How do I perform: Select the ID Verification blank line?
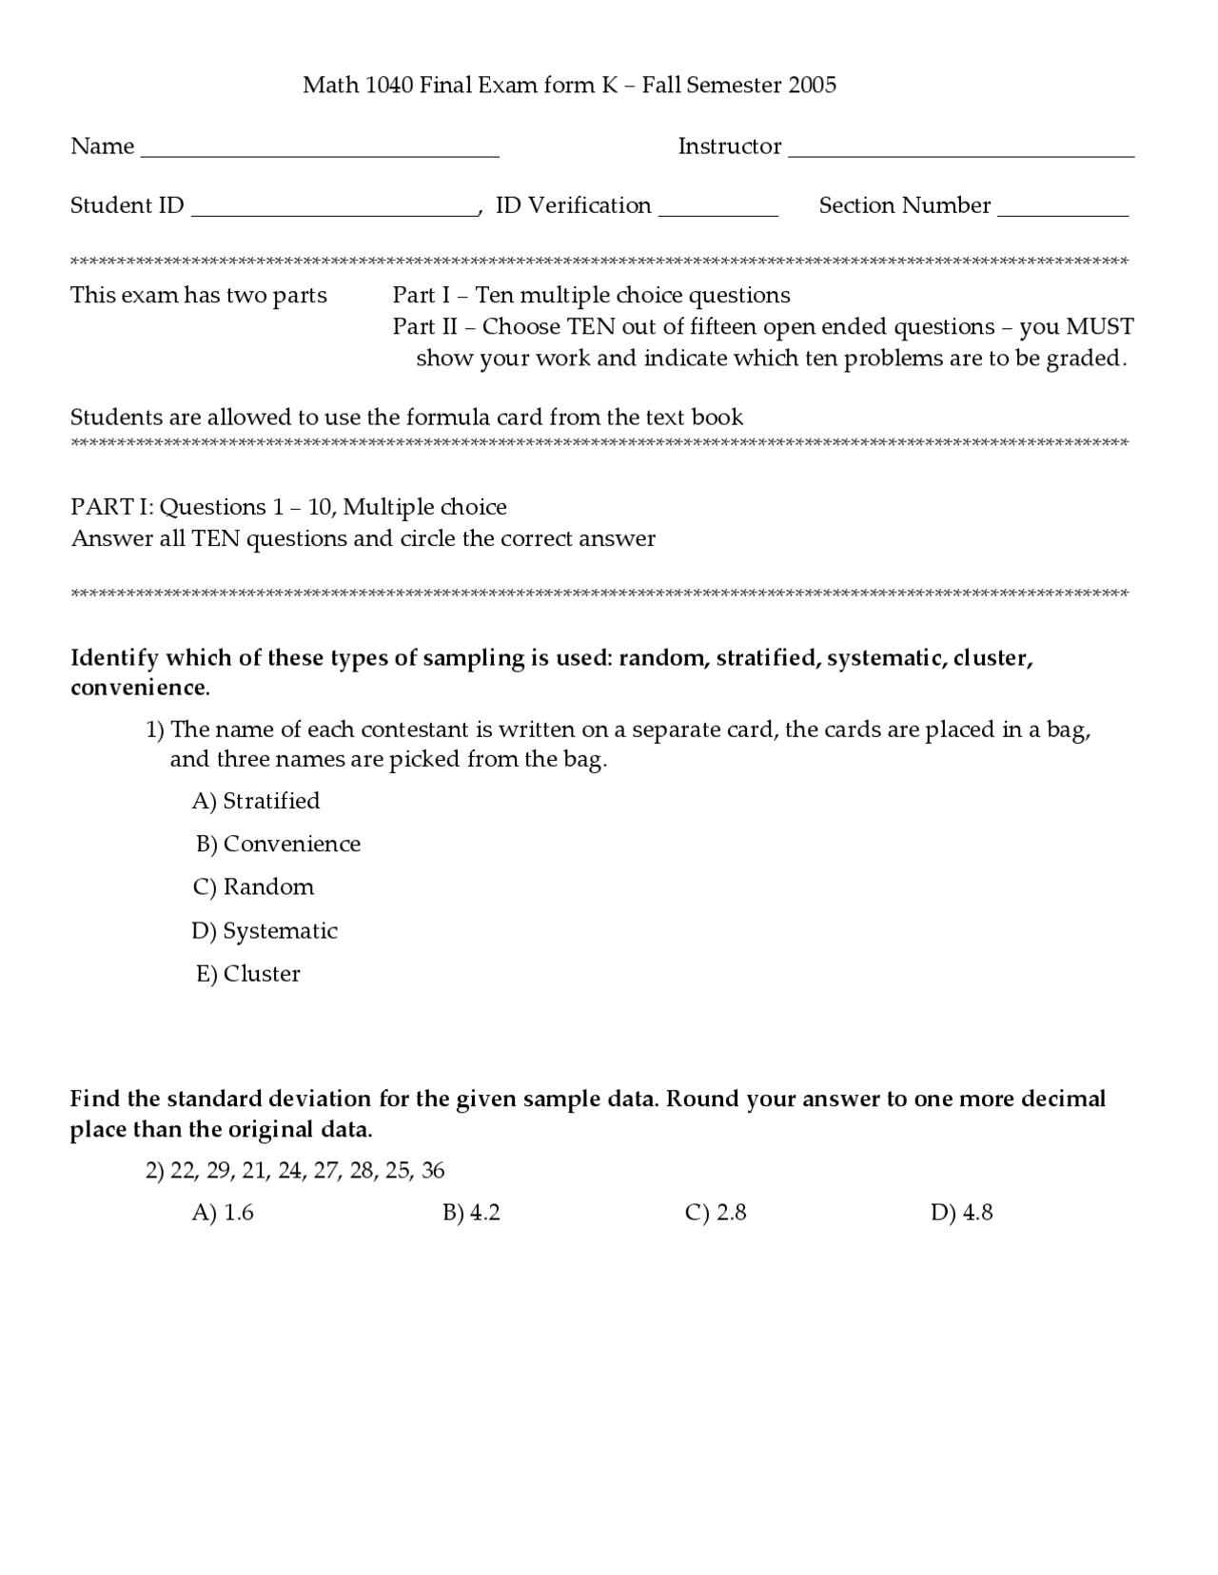point(718,214)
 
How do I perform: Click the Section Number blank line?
point(1063,214)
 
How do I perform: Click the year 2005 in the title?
point(812,86)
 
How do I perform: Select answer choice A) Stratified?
point(256,801)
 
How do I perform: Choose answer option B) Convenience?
point(278,845)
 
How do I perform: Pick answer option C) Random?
point(253,887)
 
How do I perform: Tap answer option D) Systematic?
point(265,931)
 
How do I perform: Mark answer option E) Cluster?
point(248,974)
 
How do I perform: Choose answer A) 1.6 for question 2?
point(223,1213)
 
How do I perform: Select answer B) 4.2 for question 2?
point(471,1213)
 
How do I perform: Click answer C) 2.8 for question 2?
point(716,1213)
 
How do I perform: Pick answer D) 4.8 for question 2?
point(962,1213)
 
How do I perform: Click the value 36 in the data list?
point(433,1171)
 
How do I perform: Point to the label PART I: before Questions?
point(111,507)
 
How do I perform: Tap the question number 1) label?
point(155,730)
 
